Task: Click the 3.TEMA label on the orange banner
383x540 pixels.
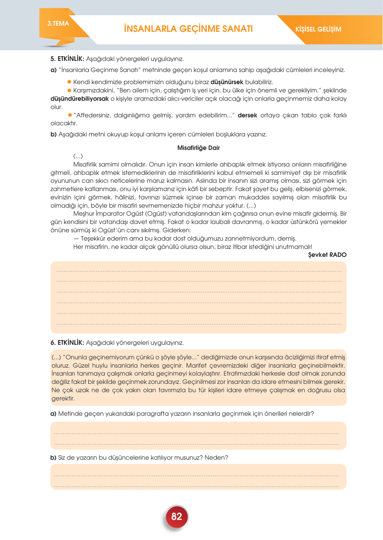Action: (x=58, y=24)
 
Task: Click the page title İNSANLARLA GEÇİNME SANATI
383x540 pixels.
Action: (x=188, y=29)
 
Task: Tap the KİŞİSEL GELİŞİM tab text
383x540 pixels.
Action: (x=318, y=29)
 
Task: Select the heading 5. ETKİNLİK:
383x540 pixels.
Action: (x=67, y=59)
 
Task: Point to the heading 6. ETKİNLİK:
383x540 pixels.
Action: (x=67, y=343)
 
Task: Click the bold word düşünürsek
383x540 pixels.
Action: (x=227, y=82)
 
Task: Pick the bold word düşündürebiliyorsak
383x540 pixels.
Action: (x=80, y=99)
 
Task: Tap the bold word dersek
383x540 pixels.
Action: (x=247, y=115)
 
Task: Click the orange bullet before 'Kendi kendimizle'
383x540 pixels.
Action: (x=69, y=82)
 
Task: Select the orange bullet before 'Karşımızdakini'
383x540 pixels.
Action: (x=69, y=90)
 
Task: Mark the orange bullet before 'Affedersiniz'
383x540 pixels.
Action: (x=70, y=115)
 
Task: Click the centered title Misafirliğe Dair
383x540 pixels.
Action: (x=198, y=148)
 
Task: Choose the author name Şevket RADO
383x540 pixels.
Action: (x=327, y=255)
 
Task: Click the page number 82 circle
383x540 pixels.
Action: (x=177, y=516)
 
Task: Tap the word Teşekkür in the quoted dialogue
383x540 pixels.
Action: (x=93, y=238)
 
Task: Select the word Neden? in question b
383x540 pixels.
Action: (x=216, y=458)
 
